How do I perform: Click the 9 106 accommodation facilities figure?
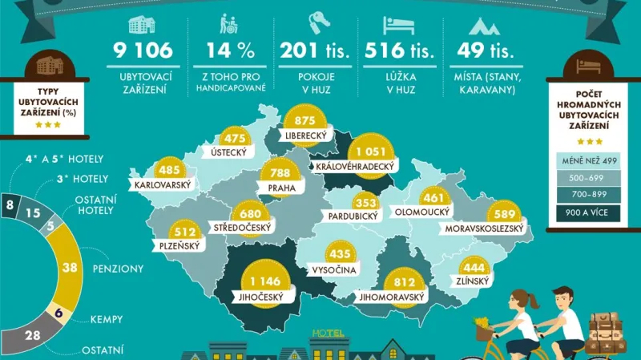click(143, 51)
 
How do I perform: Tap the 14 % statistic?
click(230, 51)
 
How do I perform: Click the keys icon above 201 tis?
click(315, 23)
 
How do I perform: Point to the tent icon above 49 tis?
click(484, 23)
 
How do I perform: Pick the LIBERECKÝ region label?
click(304, 136)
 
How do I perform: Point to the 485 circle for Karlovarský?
click(170, 171)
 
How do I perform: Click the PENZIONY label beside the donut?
click(119, 269)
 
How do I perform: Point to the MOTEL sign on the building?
click(329, 333)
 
